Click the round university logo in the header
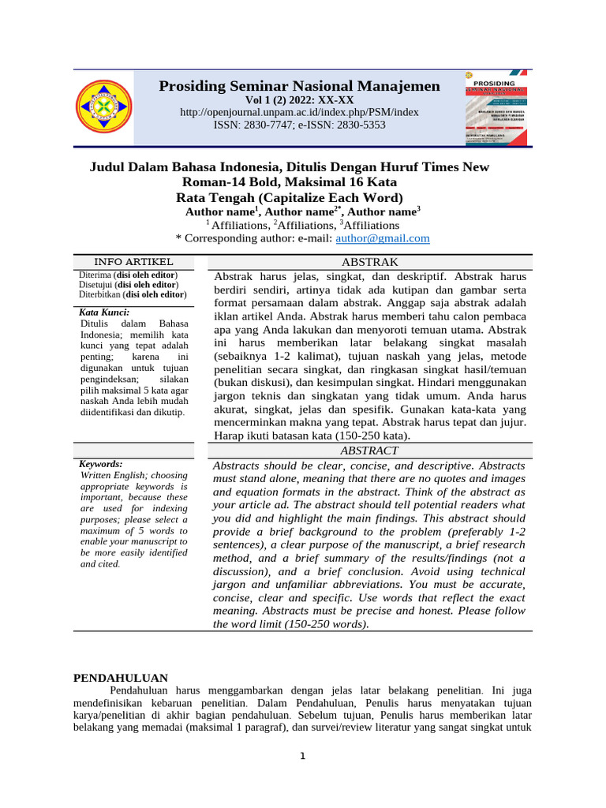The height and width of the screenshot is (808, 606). pyautogui.click(x=104, y=107)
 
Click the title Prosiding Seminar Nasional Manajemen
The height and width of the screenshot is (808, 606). pyautogui.click(x=299, y=85)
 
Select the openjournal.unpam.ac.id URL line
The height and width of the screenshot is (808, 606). pyautogui.click(x=299, y=112)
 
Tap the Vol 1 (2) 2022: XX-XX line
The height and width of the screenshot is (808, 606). pyautogui.click(x=299, y=100)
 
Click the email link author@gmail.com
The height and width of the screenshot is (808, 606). pyautogui.click(x=383, y=238)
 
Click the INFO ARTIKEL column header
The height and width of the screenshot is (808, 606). pyautogui.click(x=133, y=262)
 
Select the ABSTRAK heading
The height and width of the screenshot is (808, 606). pyautogui.click(x=369, y=262)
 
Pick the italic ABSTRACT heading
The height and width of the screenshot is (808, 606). pyautogui.click(x=369, y=451)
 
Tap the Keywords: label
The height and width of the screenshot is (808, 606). pyautogui.click(x=100, y=464)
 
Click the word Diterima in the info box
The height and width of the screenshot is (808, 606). pyautogui.click(x=95, y=275)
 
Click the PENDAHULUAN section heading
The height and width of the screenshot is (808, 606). pyautogui.click(x=121, y=678)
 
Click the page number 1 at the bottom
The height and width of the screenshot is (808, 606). pyautogui.click(x=301, y=757)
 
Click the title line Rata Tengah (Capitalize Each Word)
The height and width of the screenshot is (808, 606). pyautogui.click(x=289, y=197)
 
